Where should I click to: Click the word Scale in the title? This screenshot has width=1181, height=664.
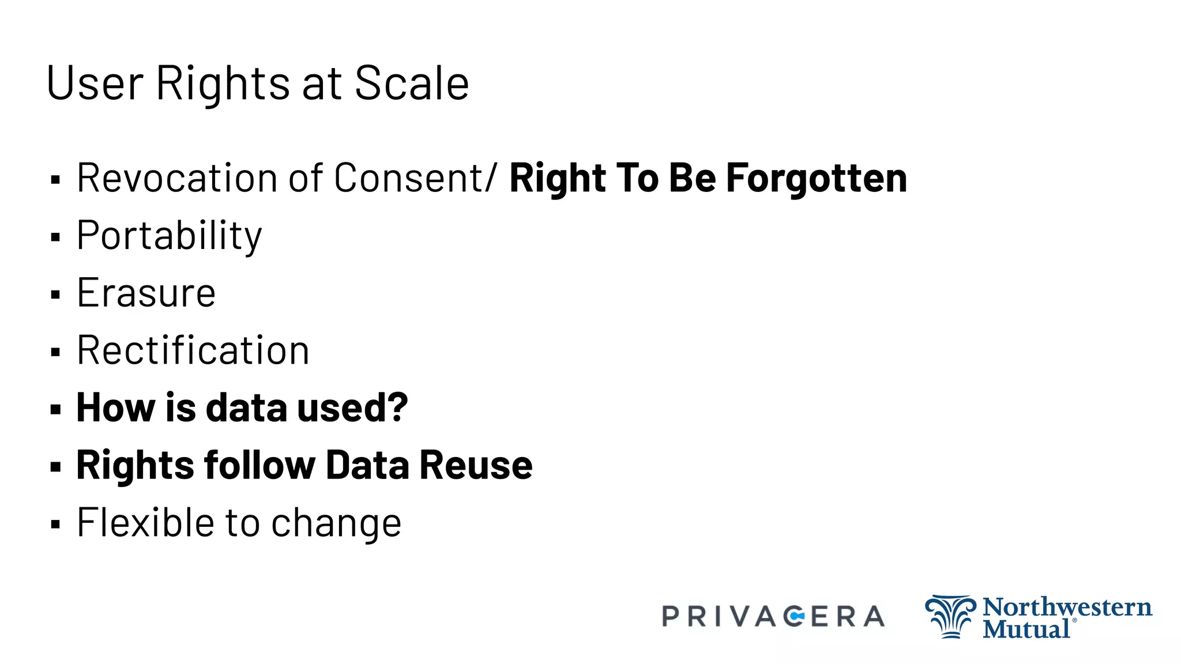(412, 83)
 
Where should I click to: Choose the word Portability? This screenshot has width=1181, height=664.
(169, 236)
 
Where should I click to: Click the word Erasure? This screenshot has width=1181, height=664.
(146, 293)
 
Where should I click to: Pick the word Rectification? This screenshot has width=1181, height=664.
(193, 350)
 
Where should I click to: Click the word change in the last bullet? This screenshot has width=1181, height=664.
(336, 524)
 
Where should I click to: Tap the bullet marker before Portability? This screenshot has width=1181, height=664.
(55, 237)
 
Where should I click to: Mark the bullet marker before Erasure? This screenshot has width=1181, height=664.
(55, 295)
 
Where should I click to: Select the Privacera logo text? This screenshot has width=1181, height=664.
(773, 616)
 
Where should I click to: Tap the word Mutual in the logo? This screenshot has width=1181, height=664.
(1026, 628)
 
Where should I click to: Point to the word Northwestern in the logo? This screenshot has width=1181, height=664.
(1067, 607)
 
